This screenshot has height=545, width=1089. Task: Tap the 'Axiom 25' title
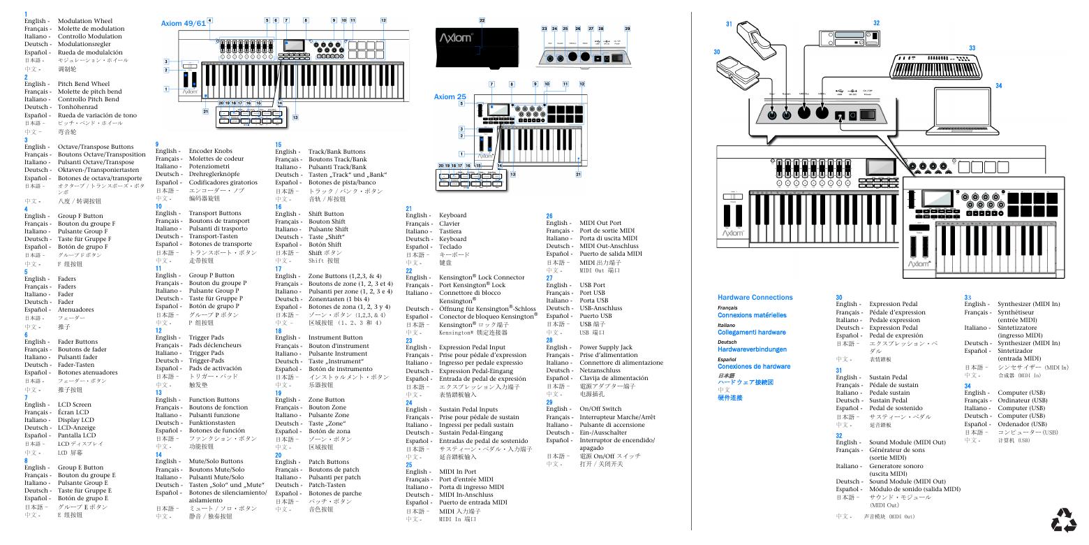click(450, 96)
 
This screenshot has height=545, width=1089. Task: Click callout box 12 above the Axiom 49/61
click(383, 20)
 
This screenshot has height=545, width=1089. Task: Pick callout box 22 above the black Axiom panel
click(482, 21)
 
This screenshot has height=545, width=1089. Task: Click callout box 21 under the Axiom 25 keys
click(577, 174)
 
